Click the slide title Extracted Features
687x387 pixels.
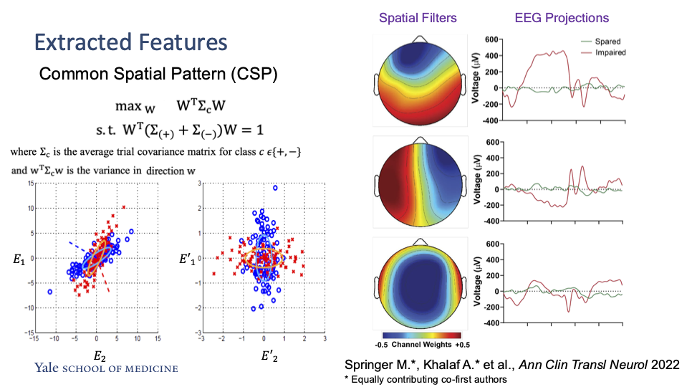131,42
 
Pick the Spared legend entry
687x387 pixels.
606,42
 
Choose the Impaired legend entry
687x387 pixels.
610,52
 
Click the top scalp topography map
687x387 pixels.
419,82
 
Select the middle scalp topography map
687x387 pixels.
419,184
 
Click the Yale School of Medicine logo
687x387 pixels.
106,368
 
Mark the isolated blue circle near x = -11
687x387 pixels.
49,292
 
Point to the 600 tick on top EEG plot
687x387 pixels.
476,38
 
